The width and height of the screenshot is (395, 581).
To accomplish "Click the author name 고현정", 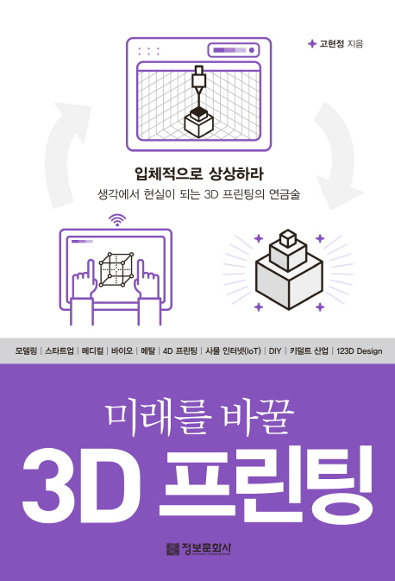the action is click(332, 44).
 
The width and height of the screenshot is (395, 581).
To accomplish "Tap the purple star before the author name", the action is click(312, 44).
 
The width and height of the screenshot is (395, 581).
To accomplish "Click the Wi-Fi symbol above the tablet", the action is click(117, 220).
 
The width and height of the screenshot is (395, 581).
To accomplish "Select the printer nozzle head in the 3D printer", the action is click(199, 79).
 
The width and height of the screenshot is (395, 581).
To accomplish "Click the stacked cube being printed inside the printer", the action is click(199, 123).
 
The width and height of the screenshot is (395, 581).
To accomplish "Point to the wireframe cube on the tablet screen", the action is click(116, 269).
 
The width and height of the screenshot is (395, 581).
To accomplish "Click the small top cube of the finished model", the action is click(288, 238).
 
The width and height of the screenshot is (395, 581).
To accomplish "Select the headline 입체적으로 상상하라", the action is click(199, 174).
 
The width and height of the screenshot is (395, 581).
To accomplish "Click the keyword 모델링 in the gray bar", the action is click(26, 350).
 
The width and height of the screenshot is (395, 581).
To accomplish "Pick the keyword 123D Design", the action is click(359, 350).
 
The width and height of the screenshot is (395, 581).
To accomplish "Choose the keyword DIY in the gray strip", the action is click(275, 350).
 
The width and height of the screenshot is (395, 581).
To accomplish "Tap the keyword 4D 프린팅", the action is click(180, 350).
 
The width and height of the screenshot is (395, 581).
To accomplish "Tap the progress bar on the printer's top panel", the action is click(229, 50).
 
